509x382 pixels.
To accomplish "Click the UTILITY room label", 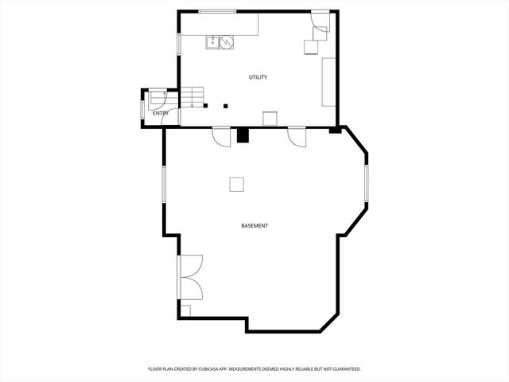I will (x=258, y=77).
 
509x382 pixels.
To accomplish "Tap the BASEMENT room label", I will (x=254, y=226).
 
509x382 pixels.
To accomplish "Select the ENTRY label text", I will (x=161, y=113).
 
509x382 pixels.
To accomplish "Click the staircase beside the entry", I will (x=192, y=98).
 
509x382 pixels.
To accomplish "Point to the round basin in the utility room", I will (x=227, y=41).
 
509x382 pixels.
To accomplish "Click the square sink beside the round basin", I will (x=213, y=41).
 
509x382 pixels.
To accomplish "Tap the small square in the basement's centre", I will (x=237, y=184).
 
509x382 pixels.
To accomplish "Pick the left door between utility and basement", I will (x=221, y=135).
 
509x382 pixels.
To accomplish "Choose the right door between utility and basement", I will (x=297, y=137).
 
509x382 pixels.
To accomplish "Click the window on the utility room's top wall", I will (x=218, y=11).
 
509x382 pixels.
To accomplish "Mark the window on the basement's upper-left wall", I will (x=165, y=195).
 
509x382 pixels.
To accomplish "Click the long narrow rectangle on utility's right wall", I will (x=328, y=81).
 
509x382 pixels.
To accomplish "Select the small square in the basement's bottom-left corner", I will (x=185, y=310).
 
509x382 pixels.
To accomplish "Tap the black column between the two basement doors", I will (x=243, y=135).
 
